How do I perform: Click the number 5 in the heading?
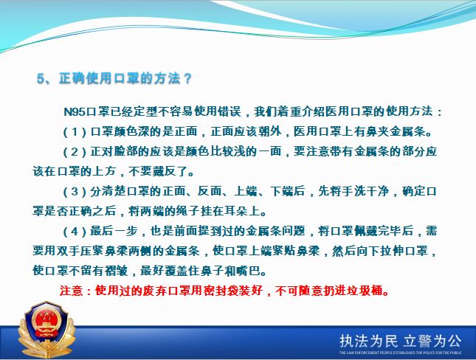pyautogui.click(x=41, y=78)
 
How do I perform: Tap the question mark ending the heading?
pyautogui.click(x=188, y=78)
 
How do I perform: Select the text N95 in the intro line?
pyautogui.click(x=75, y=111)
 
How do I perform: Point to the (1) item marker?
pyautogui.click(x=75, y=132)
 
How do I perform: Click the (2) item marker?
pyautogui.click(x=75, y=151)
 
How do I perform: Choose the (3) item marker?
pyautogui.click(x=75, y=191)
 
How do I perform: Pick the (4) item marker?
pyautogui.click(x=75, y=232)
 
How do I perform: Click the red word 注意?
pyautogui.click(x=72, y=291)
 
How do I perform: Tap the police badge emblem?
pyautogui.click(x=46, y=329)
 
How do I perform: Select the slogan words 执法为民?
pyautogui.click(x=368, y=341)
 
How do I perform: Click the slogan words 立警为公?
pyautogui.click(x=432, y=341)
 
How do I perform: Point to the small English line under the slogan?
pyautogui.click(x=401, y=353)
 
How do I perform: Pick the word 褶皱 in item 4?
pyautogui.click(x=116, y=271)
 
